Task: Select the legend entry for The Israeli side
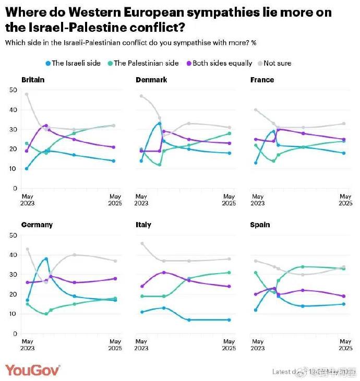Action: click(73, 63)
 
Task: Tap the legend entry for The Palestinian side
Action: click(141, 63)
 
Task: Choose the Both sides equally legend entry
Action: click(219, 63)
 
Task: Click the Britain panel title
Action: click(33, 80)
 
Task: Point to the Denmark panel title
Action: click(151, 80)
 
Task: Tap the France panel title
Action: click(262, 80)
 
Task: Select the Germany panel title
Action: click(37, 225)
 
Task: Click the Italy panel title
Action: click(143, 225)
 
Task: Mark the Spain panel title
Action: click(260, 225)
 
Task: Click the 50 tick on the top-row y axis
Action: click(14, 90)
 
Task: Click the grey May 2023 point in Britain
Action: click(27, 94)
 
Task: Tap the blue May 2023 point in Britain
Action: click(27, 168)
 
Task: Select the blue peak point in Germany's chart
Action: click(46, 259)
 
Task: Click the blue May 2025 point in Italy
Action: click(229, 320)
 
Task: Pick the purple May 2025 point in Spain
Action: click(343, 296)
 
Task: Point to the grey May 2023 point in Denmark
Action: click(141, 96)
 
